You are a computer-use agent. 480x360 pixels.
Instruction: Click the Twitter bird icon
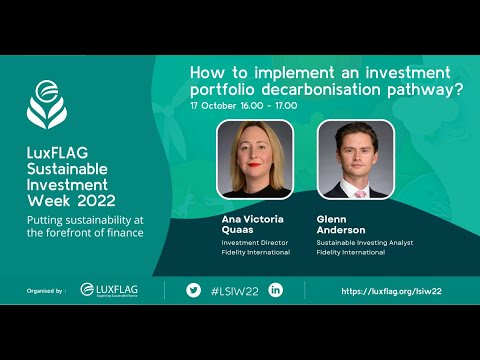[x=193, y=290]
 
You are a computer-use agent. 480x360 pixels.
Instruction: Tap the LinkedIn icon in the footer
[x=275, y=290]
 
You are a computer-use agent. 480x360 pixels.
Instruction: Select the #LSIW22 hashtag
[x=234, y=290]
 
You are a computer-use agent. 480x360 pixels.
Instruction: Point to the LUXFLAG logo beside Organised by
[x=109, y=290]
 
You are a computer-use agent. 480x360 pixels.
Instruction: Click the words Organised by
[x=46, y=291]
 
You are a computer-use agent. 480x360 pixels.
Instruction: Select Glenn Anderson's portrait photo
[x=355, y=159]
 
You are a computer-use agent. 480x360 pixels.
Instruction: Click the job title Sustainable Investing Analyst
[x=366, y=241]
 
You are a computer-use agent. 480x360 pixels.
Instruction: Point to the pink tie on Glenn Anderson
[x=355, y=189]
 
